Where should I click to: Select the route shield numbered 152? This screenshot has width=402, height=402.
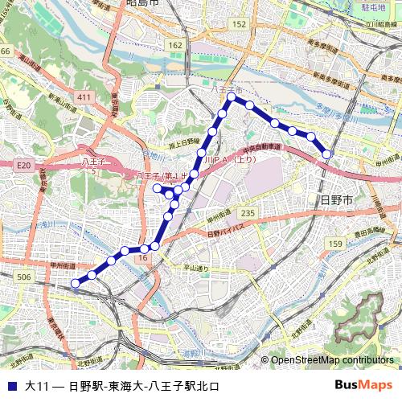pyautogui.click(x=239, y=25)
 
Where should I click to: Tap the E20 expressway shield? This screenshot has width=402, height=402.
pyautogui.click(x=23, y=165)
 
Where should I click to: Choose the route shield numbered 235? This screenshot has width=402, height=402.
pyautogui.click(x=248, y=212)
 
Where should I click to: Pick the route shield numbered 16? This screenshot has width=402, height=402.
pyautogui.click(x=143, y=258)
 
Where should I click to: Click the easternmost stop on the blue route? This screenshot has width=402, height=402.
pyautogui.click(x=327, y=154)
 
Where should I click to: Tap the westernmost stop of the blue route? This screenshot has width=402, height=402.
pyautogui.click(x=75, y=282)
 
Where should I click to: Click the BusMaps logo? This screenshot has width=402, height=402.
pyautogui.click(x=363, y=385)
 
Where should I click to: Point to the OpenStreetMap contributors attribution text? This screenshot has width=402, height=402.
pyautogui.click(x=332, y=360)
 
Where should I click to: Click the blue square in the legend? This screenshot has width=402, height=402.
pyautogui.click(x=11, y=386)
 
